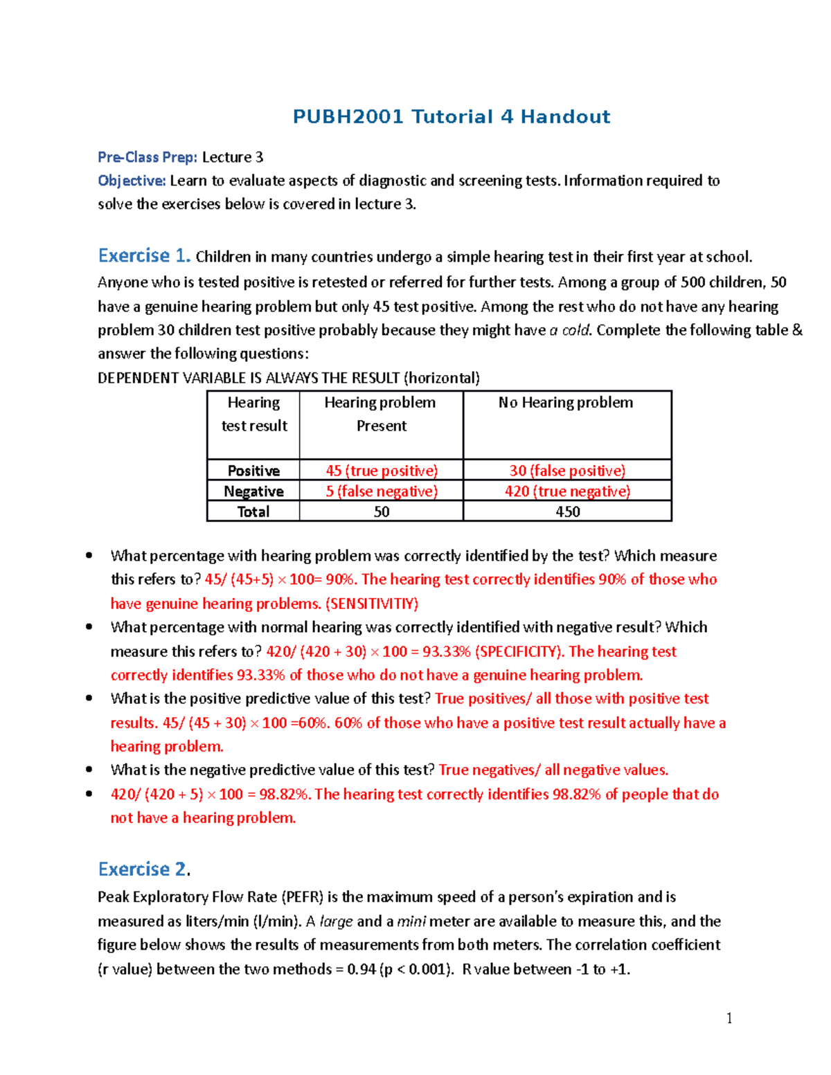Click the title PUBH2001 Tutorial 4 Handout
pos(451,116)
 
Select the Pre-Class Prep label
pos(148,157)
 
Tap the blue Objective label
pos(132,181)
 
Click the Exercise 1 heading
pos(144,256)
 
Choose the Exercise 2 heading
pos(143,869)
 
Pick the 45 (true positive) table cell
pos(382,471)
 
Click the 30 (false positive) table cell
pos(567,471)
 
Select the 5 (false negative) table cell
pos(382,491)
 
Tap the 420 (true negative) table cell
pos(567,491)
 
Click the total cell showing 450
pos(567,512)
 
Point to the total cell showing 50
pos(382,512)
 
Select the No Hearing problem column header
pos(566,403)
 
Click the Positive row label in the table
pos(253,471)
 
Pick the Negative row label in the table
pos(253,491)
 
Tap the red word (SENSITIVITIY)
pos(372,604)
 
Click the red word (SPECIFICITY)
pos(519,651)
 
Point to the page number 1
pos(729,1018)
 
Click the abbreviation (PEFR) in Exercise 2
pos(303,897)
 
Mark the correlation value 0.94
pos(361,969)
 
